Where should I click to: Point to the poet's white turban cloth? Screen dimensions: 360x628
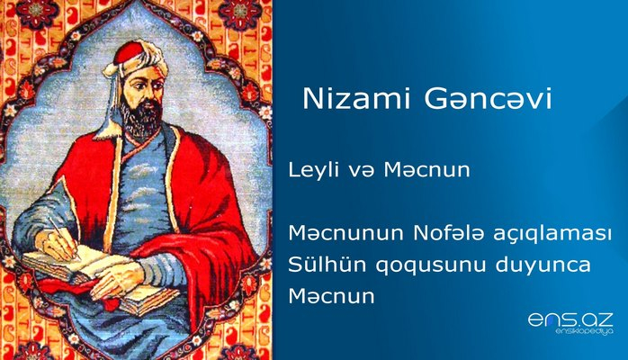pos(112,90)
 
